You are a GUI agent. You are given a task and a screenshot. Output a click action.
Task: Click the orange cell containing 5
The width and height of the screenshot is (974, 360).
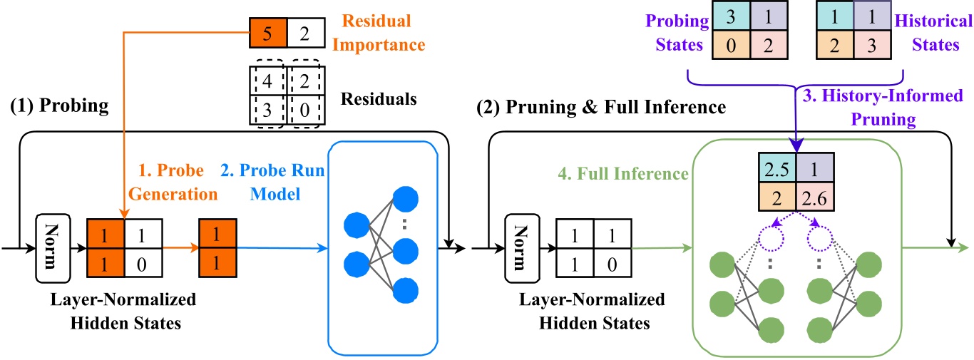tap(268, 31)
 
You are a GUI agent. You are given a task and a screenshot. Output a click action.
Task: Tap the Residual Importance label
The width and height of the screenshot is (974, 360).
tap(381, 31)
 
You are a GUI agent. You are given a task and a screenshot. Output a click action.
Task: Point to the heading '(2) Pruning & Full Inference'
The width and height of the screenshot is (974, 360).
tap(600, 108)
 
